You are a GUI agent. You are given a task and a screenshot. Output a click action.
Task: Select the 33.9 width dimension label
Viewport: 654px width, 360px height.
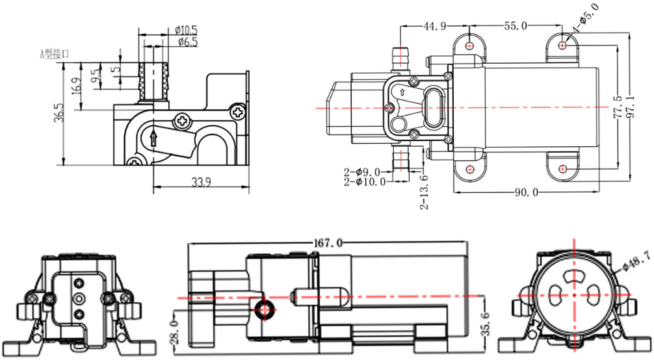point(201,183)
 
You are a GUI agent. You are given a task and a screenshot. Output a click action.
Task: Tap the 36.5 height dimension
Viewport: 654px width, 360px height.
point(60,112)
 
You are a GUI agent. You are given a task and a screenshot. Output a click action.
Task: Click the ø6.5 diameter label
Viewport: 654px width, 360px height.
point(187,43)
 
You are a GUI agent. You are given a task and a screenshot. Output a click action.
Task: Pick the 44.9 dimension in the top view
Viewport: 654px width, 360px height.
point(434,26)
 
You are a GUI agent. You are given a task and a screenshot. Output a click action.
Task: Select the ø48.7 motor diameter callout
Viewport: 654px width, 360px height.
point(634,261)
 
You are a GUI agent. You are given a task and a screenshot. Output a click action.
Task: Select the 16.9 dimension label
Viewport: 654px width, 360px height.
point(77,85)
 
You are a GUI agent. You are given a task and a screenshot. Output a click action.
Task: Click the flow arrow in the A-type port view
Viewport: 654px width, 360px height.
point(153,138)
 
